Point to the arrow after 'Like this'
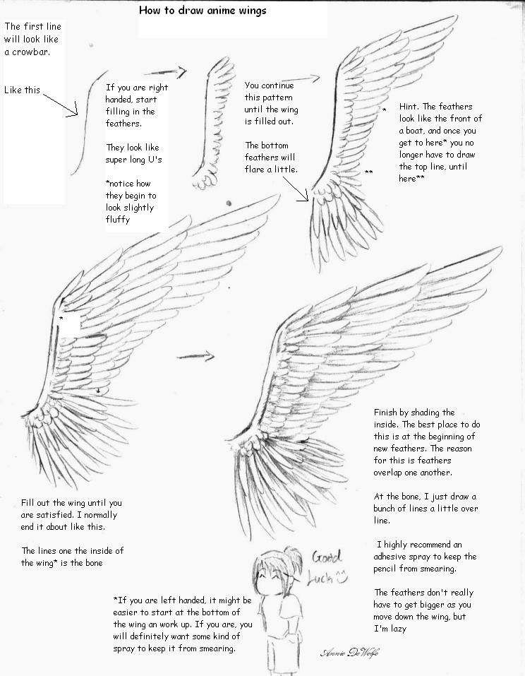(61, 101)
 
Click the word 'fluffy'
(119, 220)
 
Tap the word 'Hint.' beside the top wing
(410, 106)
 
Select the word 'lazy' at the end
(420, 628)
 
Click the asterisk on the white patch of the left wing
(61, 319)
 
